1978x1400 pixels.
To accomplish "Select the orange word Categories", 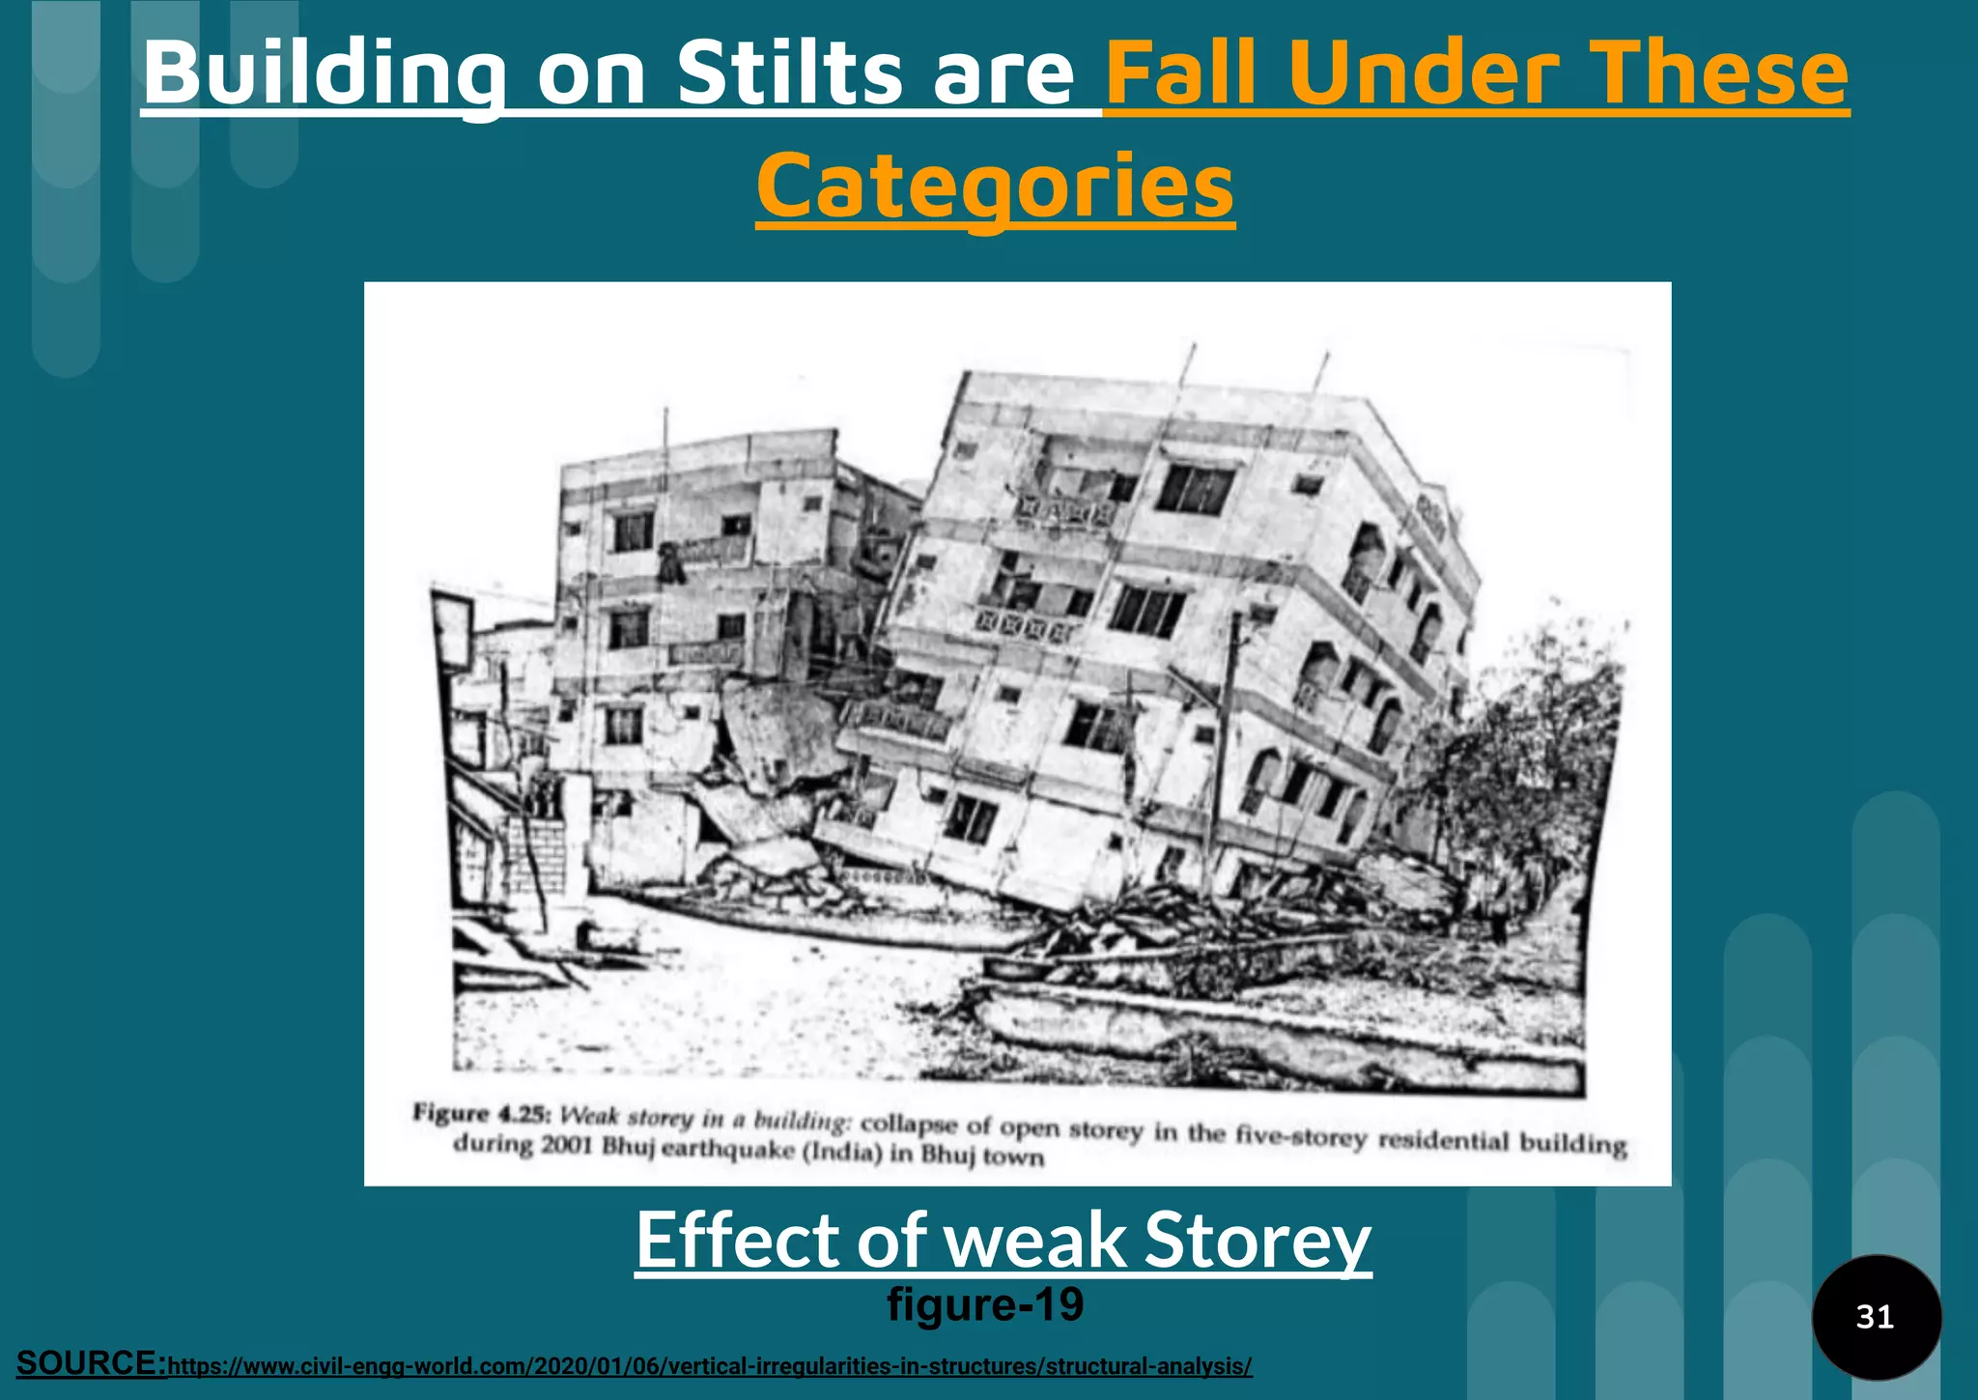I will [x=995, y=187].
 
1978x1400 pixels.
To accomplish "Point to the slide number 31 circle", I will [x=1875, y=1317].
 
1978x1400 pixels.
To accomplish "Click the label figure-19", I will [x=985, y=1304].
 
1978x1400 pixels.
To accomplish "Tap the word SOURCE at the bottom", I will [x=92, y=1363].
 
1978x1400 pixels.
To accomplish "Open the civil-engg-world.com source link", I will [x=710, y=1366].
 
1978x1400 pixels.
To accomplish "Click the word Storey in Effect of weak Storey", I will [x=1257, y=1241].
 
